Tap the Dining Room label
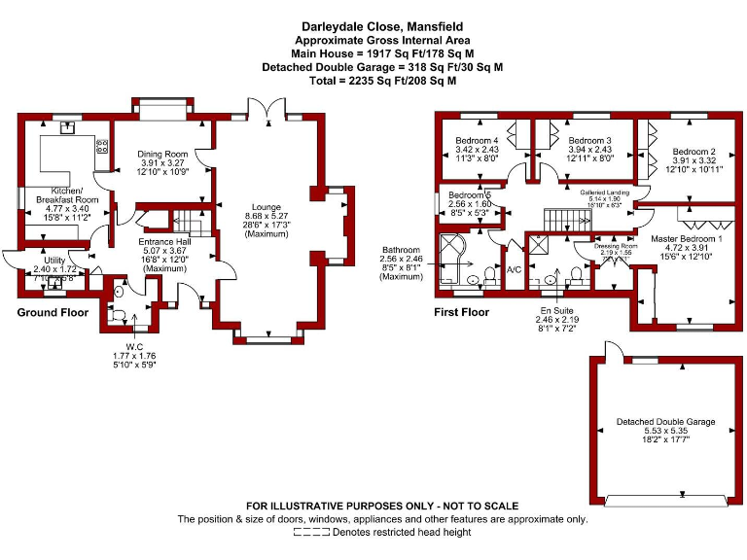[x=161, y=155]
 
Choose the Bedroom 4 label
[x=477, y=140]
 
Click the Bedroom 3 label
[x=589, y=140]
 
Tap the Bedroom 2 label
[x=694, y=152]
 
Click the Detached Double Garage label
[x=665, y=422]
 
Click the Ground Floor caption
[x=53, y=312]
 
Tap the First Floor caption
[x=461, y=312]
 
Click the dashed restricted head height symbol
[x=311, y=533]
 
